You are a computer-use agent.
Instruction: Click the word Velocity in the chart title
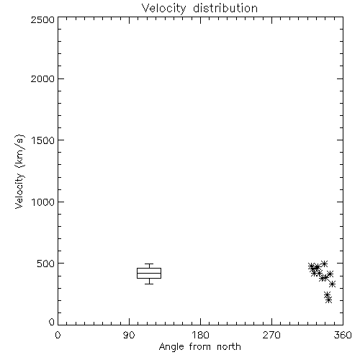(x=163, y=9)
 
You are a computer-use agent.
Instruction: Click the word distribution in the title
(x=225, y=8)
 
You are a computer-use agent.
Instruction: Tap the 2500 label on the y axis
(x=42, y=19)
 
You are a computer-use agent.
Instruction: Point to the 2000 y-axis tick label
(x=42, y=78)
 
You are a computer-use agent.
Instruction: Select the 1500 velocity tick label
(x=43, y=140)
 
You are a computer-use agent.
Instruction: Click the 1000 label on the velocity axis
(x=43, y=202)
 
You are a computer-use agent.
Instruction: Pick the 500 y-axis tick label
(x=46, y=264)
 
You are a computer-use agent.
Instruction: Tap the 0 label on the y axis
(x=52, y=322)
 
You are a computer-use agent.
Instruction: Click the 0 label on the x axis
(x=58, y=335)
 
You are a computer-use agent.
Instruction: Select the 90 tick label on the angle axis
(x=129, y=335)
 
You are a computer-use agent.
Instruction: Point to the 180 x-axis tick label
(x=200, y=335)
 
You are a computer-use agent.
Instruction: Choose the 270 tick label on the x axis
(x=271, y=335)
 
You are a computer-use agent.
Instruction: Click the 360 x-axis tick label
(x=343, y=335)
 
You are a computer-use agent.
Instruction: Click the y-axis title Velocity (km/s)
(x=19, y=171)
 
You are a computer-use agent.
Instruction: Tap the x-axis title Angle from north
(x=200, y=347)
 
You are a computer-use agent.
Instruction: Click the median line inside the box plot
(x=149, y=273)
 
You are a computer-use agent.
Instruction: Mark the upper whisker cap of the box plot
(x=149, y=264)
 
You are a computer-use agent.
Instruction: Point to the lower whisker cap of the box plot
(x=149, y=284)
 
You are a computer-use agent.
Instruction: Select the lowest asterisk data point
(x=329, y=300)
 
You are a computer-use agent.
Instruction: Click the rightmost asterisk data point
(x=333, y=284)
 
